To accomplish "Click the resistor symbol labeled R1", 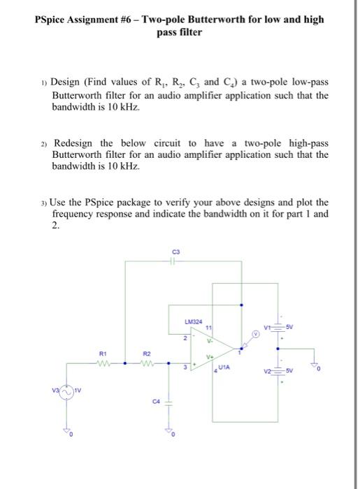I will (103, 362).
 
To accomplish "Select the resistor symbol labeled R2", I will (147, 362).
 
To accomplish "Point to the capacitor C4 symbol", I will (168, 409).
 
